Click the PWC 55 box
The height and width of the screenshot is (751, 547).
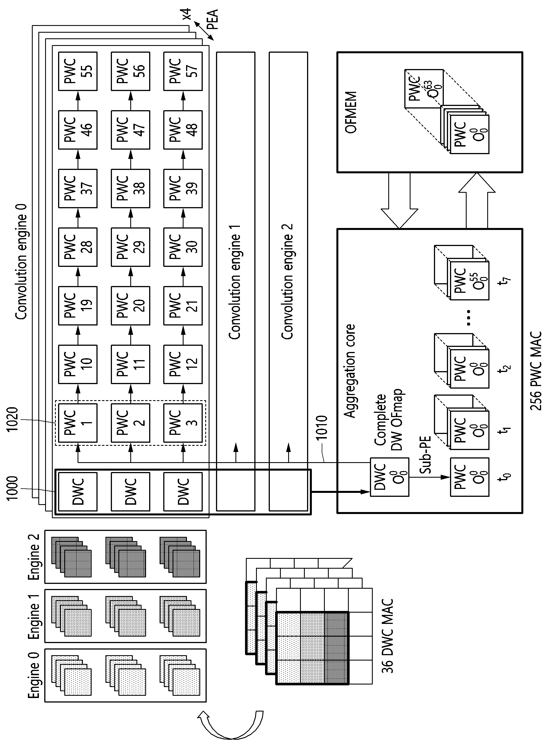78,71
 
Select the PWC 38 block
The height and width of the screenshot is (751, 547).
131,189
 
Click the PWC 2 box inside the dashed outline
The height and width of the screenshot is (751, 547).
131,423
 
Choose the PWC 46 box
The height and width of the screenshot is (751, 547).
78,130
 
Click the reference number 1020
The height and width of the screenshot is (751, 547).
13,420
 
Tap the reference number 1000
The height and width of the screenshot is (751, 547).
13,489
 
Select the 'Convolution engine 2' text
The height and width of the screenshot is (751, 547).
287,282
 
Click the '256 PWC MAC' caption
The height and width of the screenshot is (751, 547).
535,371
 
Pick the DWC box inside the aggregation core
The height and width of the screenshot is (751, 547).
390,477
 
